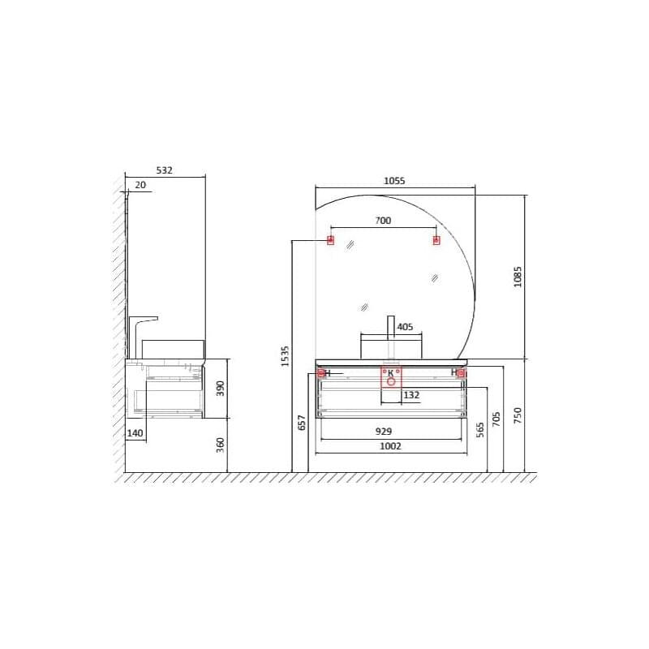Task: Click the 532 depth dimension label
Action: click(x=165, y=170)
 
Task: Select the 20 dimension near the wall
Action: click(x=140, y=185)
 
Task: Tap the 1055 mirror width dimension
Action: click(x=394, y=181)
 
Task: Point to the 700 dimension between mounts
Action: click(x=383, y=221)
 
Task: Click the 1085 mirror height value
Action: click(x=518, y=277)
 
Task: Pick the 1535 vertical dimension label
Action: click(x=285, y=356)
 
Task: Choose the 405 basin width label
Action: click(x=405, y=327)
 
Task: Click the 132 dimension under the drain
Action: click(x=411, y=395)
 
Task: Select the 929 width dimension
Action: click(x=384, y=432)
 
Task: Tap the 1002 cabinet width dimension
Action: click(x=391, y=446)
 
